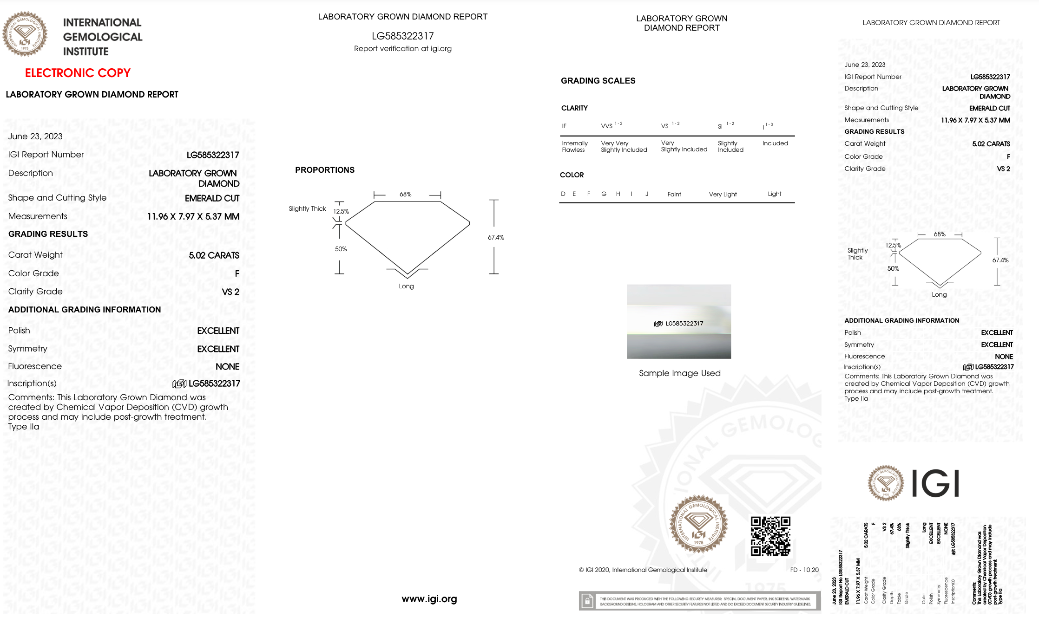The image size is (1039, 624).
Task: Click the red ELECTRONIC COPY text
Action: tap(78, 73)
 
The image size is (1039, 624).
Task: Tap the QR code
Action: tap(770, 536)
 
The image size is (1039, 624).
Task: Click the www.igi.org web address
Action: tap(429, 599)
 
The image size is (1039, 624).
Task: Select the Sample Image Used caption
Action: tap(679, 373)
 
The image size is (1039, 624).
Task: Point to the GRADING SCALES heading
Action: tap(598, 81)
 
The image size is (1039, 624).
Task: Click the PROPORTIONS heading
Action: tap(324, 170)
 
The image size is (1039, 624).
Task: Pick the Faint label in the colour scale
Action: tap(674, 195)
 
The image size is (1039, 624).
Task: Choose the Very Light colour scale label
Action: tap(723, 195)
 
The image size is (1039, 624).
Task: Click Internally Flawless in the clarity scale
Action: tap(574, 147)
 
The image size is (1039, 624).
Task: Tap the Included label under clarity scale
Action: tap(775, 143)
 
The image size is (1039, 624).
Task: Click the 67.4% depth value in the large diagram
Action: tap(496, 237)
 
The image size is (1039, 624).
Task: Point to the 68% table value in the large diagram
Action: tap(405, 194)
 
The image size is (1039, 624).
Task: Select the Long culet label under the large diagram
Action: tap(406, 286)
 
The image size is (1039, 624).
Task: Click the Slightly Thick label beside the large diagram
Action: tap(307, 209)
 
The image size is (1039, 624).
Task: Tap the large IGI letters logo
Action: tap(935, 483)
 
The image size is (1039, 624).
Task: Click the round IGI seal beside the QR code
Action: tap(698, 524)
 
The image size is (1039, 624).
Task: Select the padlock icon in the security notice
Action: tap(587, 601)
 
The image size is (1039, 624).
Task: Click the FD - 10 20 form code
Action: tap(804, 570)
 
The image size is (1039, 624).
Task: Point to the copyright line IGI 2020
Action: tap(643, 570)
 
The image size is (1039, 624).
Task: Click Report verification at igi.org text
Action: tap(402, 49)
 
